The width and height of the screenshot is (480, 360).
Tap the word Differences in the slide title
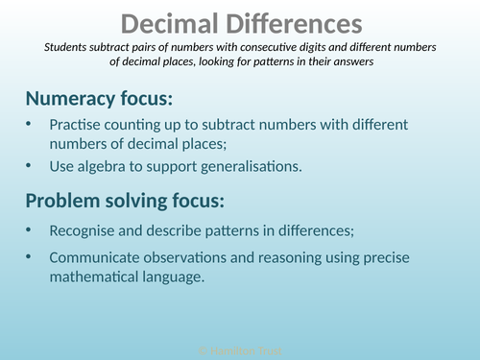(x=291, y=23)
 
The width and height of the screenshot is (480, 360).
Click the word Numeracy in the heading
(x=74, y=98)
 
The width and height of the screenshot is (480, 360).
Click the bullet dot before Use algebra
(x=30, y=166)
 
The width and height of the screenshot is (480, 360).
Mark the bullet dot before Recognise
(x=30, y=229)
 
